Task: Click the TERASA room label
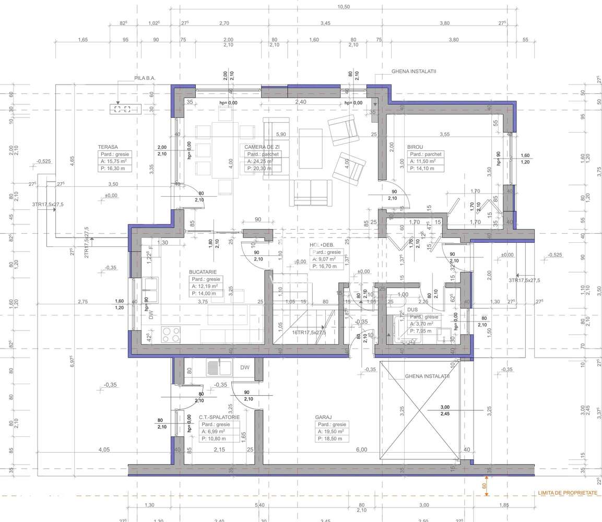108,147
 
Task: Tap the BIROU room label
416,147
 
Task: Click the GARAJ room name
324,418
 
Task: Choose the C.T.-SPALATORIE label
219,418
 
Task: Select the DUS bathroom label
412,310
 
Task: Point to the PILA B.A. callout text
145,78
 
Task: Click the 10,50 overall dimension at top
343,7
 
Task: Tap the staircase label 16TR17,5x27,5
309,333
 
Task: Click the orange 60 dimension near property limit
484,485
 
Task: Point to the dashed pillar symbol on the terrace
122,109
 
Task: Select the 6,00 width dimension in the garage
361,449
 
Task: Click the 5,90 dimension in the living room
281,134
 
